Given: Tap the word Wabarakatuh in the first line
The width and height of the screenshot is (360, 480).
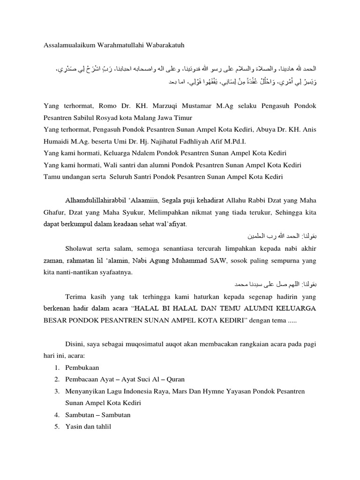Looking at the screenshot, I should coord(163,45).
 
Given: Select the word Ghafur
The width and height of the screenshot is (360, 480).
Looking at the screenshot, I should coord(54,212).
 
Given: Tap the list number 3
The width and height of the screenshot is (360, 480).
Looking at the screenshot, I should coord(56,390).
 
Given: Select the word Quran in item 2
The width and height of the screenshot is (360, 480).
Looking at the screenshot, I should coord(164,379).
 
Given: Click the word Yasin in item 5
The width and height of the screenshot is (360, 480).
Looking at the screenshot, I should coord(74,427).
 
